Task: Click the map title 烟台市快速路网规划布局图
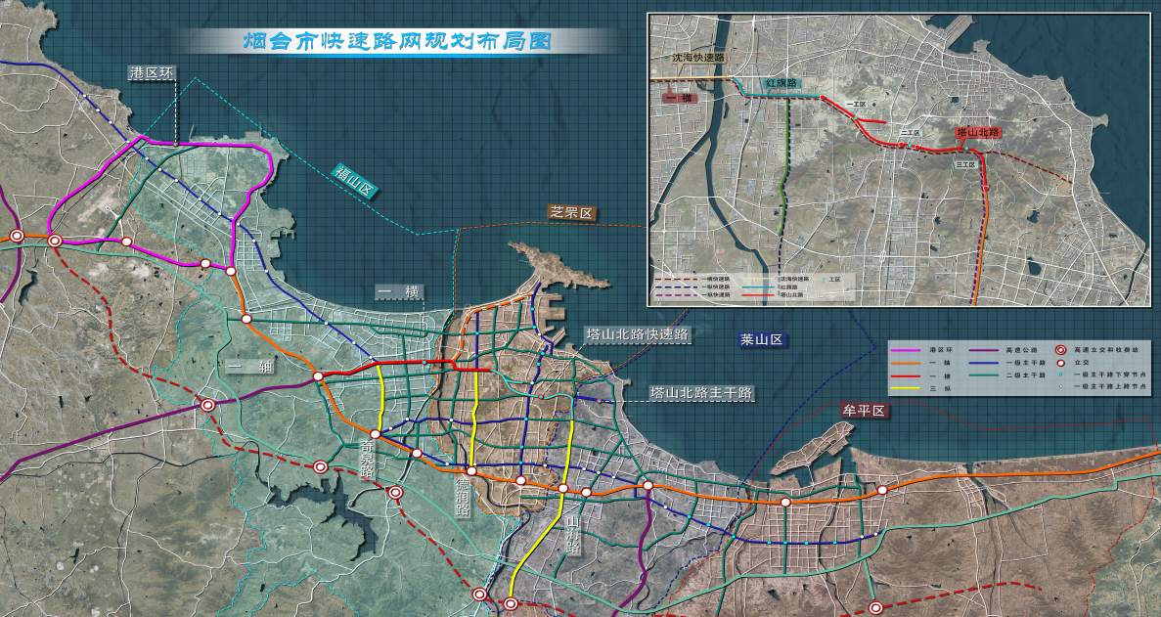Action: point(397,41)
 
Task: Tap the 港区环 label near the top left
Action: point(152,73)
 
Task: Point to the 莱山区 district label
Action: point(763,340)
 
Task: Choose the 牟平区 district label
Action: point(864,412)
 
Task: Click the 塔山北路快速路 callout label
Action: point(638,335)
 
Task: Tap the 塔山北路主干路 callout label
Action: point(702,393)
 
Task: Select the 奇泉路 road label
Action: point(368,456)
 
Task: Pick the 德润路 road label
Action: point(463,495)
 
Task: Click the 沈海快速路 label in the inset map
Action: point(697,58)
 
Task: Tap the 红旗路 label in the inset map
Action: point(781,84)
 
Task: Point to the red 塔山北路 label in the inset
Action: point(977,132)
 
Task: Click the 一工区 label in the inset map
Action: point(860,103)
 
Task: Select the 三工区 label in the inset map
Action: point(965,165)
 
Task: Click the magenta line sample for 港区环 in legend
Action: point(911,349)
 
